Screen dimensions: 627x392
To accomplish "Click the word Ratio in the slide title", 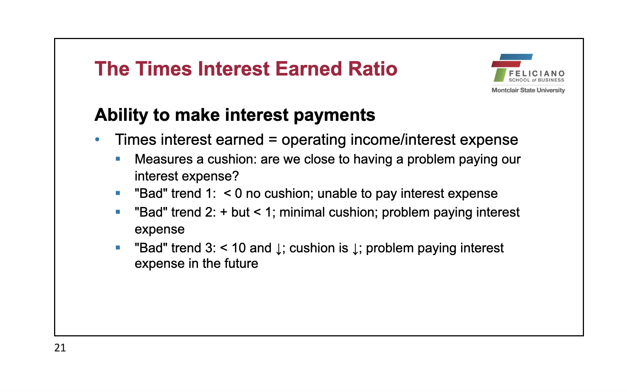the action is pyautogui.click(x=373, y=69).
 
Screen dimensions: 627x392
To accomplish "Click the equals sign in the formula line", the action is pyautogui.click(x=273, y=140).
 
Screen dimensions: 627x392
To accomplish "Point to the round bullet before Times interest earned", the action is pyautogui.click(x=97, y=139).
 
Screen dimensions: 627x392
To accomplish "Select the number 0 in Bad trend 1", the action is pyautogui.click(x=238, y=194).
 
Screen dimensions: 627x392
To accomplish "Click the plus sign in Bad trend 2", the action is pyautogui.click(x=224, y=212).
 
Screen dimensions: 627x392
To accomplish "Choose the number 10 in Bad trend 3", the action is pyautogui.click(x=238, y=248).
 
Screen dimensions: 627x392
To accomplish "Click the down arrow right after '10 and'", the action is pyautogui.click(x=279, y=249).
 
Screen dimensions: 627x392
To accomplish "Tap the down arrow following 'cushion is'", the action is pyautogui.click(x=355, y=249).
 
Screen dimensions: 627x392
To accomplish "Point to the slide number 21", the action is pyautogui.click(x=60, y=348).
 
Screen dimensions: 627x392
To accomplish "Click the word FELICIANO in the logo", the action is pyautogui.click(x=536, y=74).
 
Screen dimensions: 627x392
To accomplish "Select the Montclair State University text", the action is pyautogui.click(x=528, y=90).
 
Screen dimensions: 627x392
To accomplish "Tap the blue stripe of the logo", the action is pyautogui.click(x=516, y=57).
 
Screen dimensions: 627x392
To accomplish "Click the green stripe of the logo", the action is pyautogui.click(x=500, y=75).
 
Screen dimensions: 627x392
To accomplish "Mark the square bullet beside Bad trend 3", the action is pyautogui.click(x=118, y=248).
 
